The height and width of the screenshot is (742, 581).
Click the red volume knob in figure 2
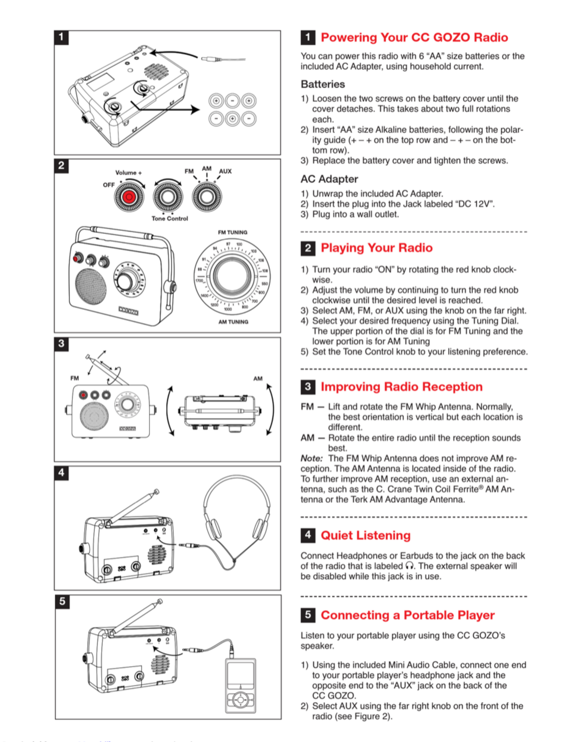pyautogui.click(x=129, y=197)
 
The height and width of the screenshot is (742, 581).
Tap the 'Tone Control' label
pyautogui.click(x=170, y=219)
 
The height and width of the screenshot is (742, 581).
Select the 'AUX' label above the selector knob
pyautogui.click(x=225, y=171)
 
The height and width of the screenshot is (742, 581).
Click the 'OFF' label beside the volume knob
pyautogui.click(x=109, y=185)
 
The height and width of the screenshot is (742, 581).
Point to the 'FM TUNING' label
pyautogui.click(x=233, y=232)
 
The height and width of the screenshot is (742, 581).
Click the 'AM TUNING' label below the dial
pyautogui.click(x=233, y=322)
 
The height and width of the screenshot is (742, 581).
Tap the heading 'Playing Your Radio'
pyautogui.click(x=376, y=248)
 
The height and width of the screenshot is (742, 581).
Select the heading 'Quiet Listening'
pyautogui.click(x=366, y=535)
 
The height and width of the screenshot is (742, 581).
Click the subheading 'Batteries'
pyautogui.click(x=323, y=84)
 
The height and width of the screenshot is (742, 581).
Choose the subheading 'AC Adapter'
pyautogui.click(x=329, y=179)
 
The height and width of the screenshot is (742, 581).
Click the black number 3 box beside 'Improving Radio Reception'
pyautogui.click(x=308, y=387)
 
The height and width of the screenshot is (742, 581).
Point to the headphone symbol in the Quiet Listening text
pyautogui.click(x=410, y=566)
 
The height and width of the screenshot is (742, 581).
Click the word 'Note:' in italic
pyautogui.click(x=312, y=458)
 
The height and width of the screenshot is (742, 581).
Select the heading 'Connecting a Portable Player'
pyautogui.click(x=408, y=615)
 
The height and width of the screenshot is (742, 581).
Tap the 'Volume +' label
pyautogui.click(x=128, y=173)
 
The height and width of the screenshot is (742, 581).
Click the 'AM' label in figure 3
pyautogui.click(x=258, y=379)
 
